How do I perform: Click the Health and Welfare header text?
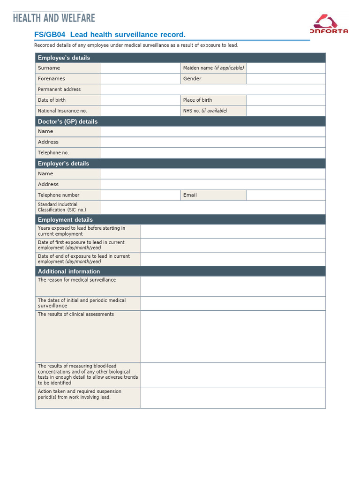54,18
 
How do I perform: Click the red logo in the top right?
329,24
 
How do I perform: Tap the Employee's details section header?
64,58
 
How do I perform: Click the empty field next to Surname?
141,68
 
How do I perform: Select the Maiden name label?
213,68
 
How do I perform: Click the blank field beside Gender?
285,79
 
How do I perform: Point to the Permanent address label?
59,90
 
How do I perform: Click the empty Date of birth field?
141,100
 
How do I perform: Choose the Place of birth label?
197,100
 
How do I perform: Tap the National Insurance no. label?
62,111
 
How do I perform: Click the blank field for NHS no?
285,111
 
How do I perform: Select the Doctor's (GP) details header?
67,121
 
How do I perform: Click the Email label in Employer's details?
190,195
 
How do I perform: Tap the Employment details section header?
65,220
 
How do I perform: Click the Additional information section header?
69,271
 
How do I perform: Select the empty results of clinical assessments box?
233,337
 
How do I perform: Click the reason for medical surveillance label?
76,280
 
